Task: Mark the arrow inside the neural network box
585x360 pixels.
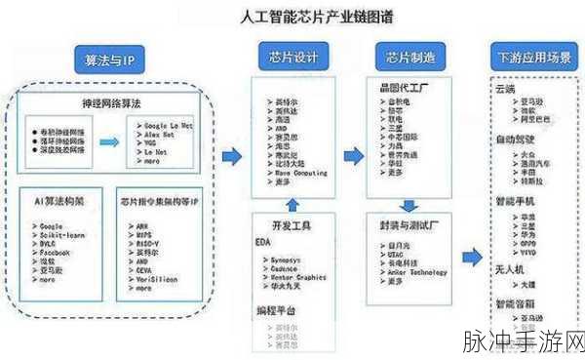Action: tap(113, 134)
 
